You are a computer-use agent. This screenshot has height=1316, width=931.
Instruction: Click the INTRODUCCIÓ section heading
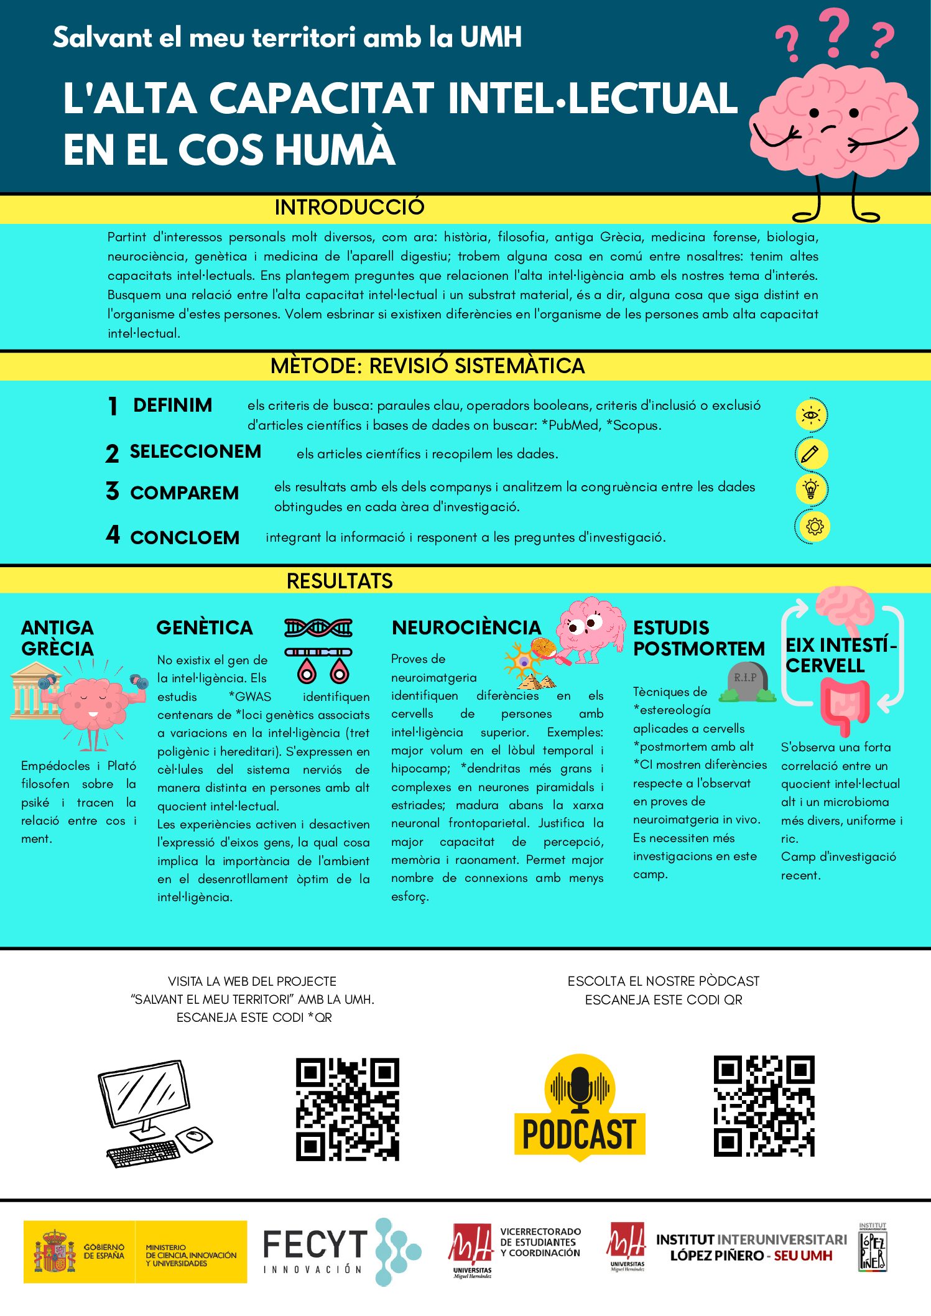pyautogui.click(x=350, y=207)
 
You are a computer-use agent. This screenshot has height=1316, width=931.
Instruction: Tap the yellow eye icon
pyautogui.click(x=811, y=415)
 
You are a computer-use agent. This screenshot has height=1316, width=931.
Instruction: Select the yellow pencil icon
pyautogui.click(x=811, y=454)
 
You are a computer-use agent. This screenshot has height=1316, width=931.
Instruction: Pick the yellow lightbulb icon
pyautogui.click(x=811, y=489)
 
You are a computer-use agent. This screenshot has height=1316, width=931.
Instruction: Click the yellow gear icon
pyautogui.click(x=813, y=527)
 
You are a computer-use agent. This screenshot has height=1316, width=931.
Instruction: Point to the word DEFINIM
pyautogui.click(x=172, y=405)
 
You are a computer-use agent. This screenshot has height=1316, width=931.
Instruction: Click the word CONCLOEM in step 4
pyautogui.click(x=185, y=538)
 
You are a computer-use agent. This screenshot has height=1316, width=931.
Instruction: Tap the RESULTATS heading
pyautogui.click(x=340, y=581)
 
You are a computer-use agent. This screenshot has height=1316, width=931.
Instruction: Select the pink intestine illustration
pyautogui.click(x=844, y=704)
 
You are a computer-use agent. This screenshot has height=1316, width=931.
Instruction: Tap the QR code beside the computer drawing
pyautogui.click(x=347, y=1109)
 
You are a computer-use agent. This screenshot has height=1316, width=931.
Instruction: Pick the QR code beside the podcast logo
pyautogui.click(x=764, y=1106)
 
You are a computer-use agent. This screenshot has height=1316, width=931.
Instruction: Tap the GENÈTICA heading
pyautogui.click(x=205, y=628)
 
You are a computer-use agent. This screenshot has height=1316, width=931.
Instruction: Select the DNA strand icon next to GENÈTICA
pyautogui.click(x=318, y=628)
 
